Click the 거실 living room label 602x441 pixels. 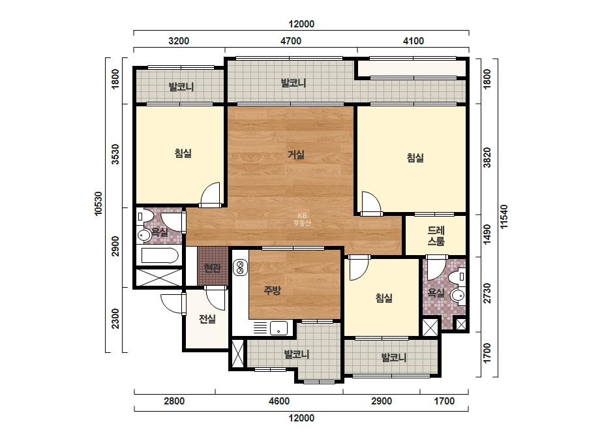(296, 155)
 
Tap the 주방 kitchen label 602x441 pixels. (272, 290)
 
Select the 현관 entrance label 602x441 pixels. (213, 267)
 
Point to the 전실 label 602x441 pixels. (207, 318)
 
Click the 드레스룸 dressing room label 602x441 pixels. (436, 236)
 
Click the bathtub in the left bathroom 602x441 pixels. (160, 256)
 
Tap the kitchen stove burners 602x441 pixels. (240, 267)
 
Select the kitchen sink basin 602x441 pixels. (278, 328)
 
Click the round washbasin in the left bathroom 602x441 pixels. (144, 235)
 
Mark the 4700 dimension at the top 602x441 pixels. (291, 41)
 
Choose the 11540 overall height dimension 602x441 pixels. (504, 217)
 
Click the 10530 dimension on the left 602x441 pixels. (98, 204)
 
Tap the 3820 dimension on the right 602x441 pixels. (487, 157)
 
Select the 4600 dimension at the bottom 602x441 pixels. (279, 401)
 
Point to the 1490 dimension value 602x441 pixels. (487, 234)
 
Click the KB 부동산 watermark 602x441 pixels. (302, 219)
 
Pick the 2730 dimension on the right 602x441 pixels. (487, 293)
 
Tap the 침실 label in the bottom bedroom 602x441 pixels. (384, 297)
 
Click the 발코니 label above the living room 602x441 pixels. (293, 83)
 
